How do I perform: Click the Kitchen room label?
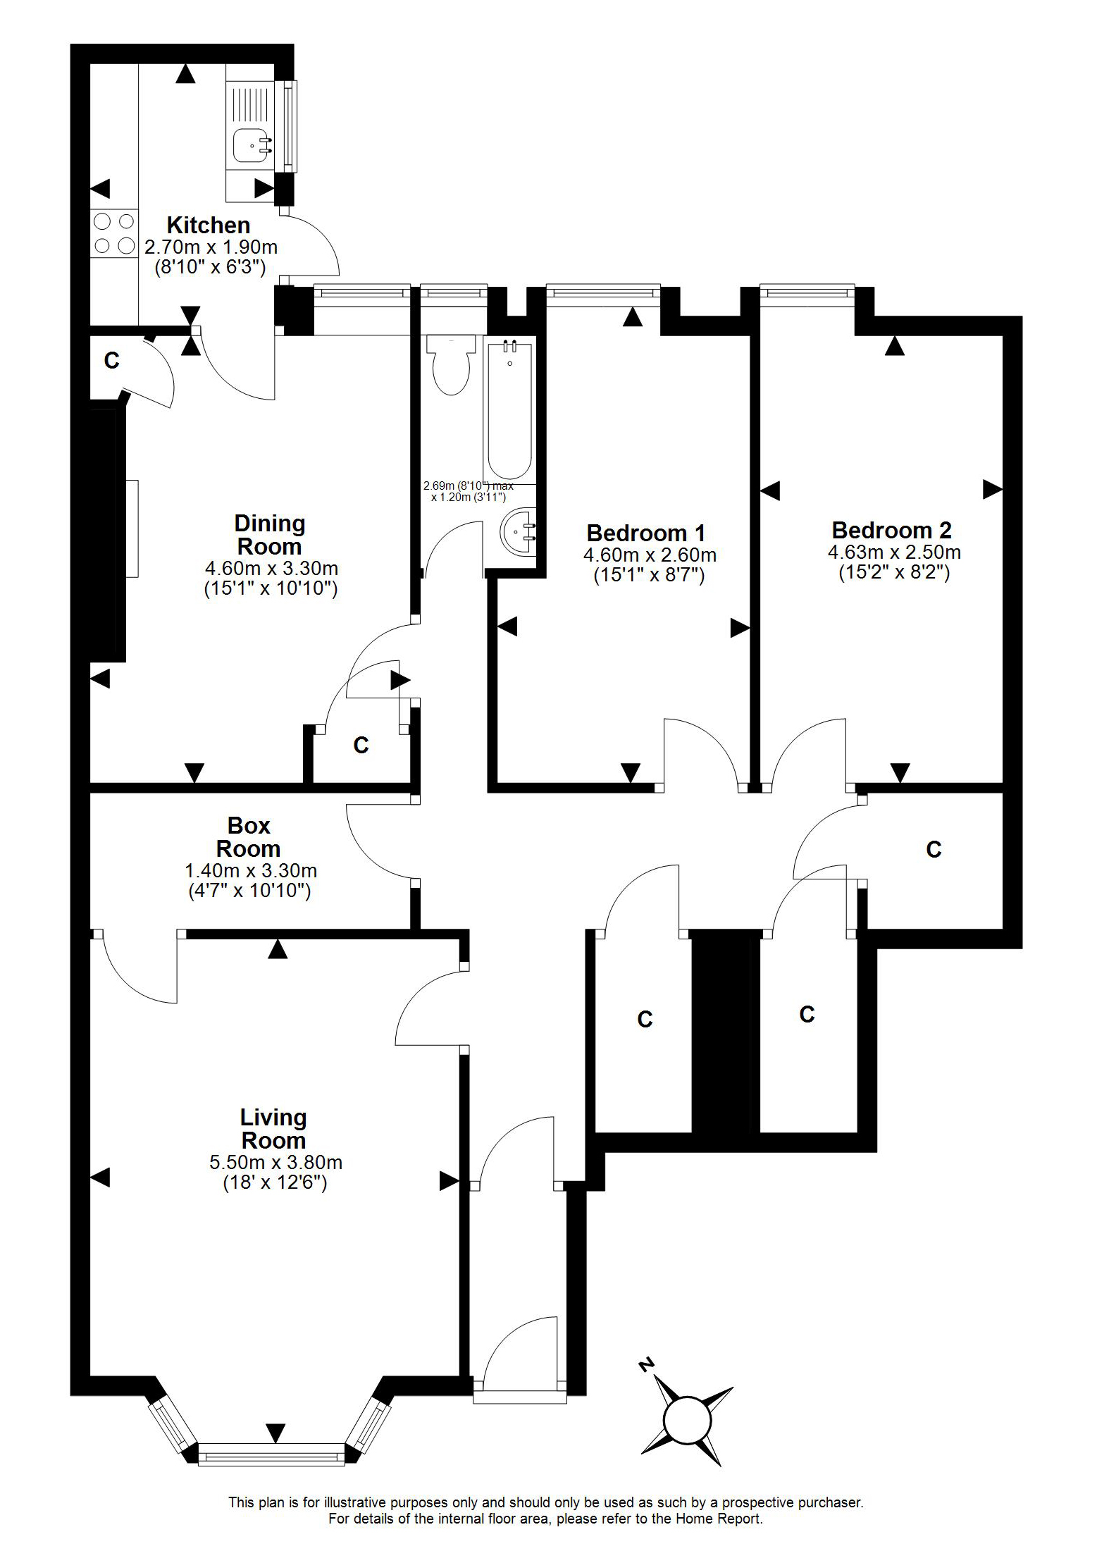pyautogui.click(x=209, y=225)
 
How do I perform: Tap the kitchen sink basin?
pyautogui.click(x=251, y=145)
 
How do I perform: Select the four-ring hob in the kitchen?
pyautogui.click(x=114, y=233)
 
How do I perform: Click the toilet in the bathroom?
pyautogui.click(x=451, y=364)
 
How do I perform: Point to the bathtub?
pyautogui.click(x=509, y=409)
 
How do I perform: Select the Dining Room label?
pyautogui.click(x=270, y=535)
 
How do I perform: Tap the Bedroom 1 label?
pyautogui.click(x=645, y=533)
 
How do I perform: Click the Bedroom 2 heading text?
pyautogui.click(x=891, y=530)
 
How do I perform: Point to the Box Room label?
pyautogui.click(x=249, y=836)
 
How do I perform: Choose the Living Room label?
pyautogui.click(x=273, y=1128)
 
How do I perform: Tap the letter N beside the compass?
pyautogui.click(x=645, y=1364)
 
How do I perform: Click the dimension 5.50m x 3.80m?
pyautogui.click(x=275, y=1162)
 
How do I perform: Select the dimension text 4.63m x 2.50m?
pyautogui.click(x=894, y=552)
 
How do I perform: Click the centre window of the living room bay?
pyautogui.click(x=271, y=1454)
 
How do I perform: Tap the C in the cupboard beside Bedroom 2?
pyautogui.click(x=934, y=849)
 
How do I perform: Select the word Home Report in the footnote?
pyautogui.click(x=719, y=1519)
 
